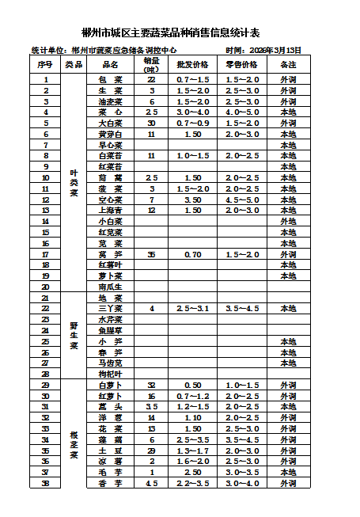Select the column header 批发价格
(x=193, y=64)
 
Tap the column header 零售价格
(x=241, y=64)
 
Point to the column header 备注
(x=289, y=64)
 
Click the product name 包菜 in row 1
(x=110, y=80)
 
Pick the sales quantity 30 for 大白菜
(x=151, y=124)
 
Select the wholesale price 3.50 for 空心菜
(x=193, y=200)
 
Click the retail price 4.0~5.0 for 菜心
(x=241, y=112)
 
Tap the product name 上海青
(x=110, y=211)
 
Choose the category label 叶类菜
(x=74, y=183)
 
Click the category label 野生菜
(x=74, y=336)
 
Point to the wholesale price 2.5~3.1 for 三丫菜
(x=193, y=309)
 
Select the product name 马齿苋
(x=110, y=363)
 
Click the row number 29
(x=45, y=385)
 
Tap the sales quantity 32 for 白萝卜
(x=151, y=385)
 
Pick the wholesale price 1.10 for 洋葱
(x=193, y=417)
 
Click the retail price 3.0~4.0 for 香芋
(x=241, y=483)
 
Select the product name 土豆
(x=110, y=450)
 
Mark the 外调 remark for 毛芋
(x=289, y=472)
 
